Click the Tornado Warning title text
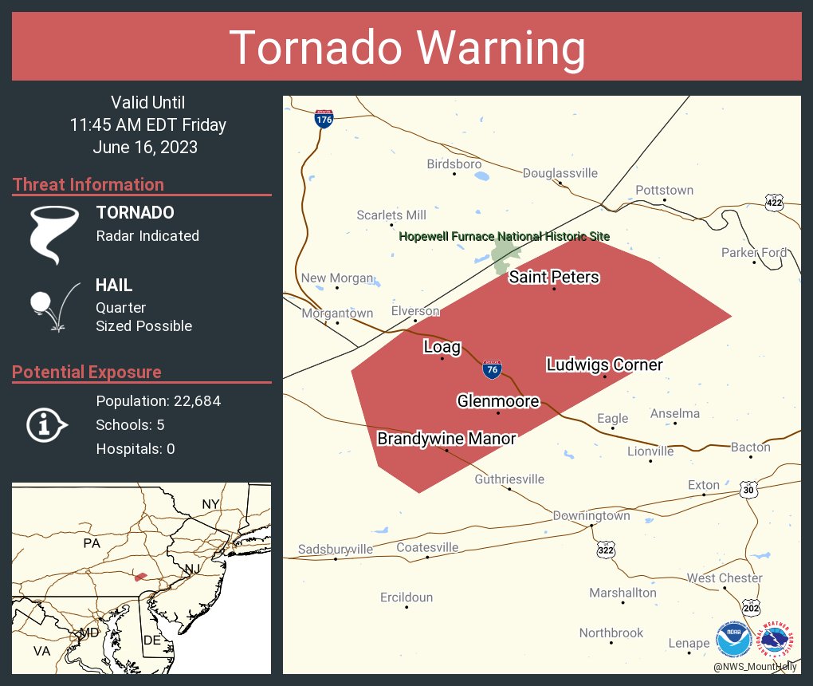407,47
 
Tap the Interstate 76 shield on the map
492,369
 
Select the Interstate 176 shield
324,119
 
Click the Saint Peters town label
554,277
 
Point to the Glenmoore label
498,401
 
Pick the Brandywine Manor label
446,439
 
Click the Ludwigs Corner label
604,365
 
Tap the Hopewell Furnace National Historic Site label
504,236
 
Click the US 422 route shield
773,203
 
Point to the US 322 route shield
606,550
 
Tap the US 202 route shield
750,608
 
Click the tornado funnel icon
53,234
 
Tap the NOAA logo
732,639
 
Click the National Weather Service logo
776,639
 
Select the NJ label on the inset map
192,568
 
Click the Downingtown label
591,515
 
